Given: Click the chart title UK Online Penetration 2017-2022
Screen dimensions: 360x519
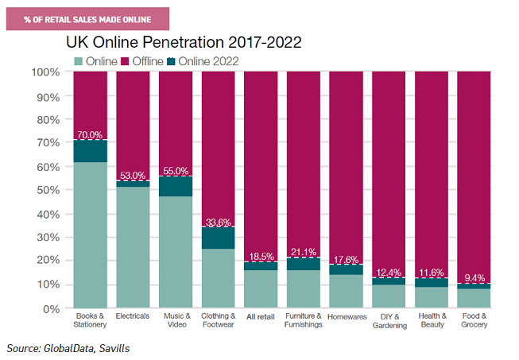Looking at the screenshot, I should pyautogui.click(x=184, y=41).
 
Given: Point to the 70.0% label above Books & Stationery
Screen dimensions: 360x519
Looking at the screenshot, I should pyautogui.click(x=90, y=136).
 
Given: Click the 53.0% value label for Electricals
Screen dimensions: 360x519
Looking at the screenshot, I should pyautogui.click(x=133, y=176).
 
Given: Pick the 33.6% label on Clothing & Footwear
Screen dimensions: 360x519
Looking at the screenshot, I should pyautogui.click(x=218, y=222).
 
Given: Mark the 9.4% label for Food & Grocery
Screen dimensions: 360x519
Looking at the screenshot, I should pyautogui.click(x=474, y=278).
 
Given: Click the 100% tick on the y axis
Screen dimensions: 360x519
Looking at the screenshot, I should pyautogui.click(x=45, y=72).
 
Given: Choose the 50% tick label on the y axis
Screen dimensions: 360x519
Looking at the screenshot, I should pyautogui.click(x=48, y=190).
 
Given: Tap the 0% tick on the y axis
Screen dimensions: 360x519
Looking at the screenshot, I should pyautogui.click(x=51, y=308).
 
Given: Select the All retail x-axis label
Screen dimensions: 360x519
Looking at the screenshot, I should pyautogui.click(x=261, y=315).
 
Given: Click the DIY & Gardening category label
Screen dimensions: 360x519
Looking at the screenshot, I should pyautogui.click(x=389, y=320).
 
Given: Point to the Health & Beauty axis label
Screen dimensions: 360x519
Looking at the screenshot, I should pyautogui.click(x=432, y=320).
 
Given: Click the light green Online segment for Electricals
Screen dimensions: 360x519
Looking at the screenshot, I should pyautogui.click(x=133, y=246).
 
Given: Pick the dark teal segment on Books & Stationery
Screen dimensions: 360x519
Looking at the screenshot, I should pyautogui.click(x=90, y=151).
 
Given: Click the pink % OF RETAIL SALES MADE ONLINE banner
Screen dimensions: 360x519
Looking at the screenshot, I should pyautogui.click(x=87, y=17).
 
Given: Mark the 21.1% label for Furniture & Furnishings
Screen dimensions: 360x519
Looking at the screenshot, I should pyautogui.click(x=304, y=252).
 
